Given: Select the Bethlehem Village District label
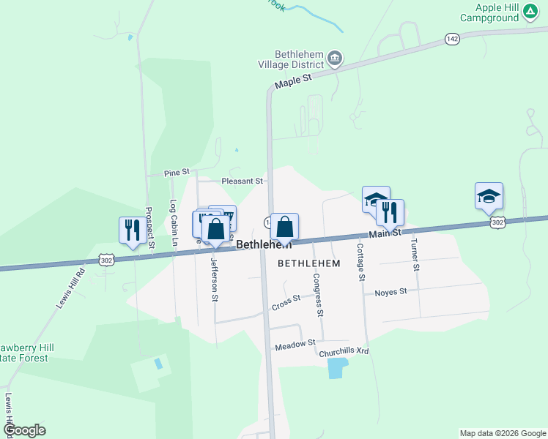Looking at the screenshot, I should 298,59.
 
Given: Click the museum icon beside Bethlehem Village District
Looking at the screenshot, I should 335,59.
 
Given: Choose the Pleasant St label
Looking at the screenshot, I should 242,180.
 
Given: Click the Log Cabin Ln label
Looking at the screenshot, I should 174,223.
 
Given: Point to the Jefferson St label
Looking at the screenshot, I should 215,279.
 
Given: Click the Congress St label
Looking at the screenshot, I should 318,295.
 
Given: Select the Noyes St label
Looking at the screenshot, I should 390,292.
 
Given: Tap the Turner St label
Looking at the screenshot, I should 415,255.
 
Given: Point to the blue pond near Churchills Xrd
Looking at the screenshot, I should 335,368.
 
